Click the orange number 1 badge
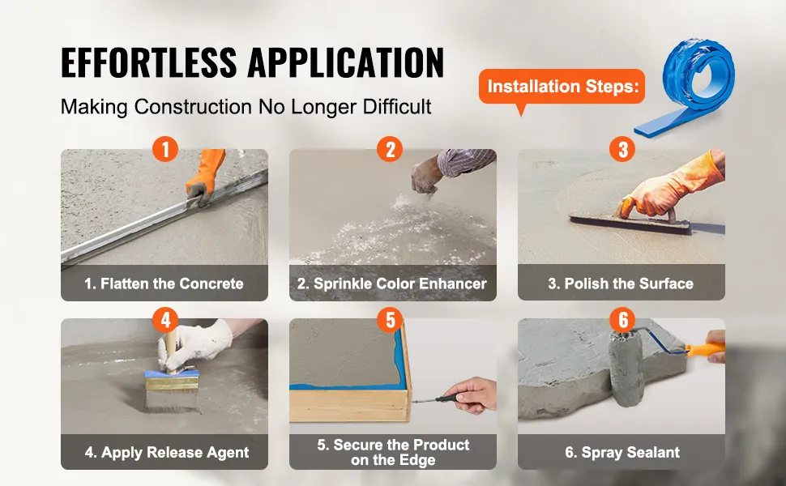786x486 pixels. coord(165,149)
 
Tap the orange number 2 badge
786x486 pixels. coord(390,149)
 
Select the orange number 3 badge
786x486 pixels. coord(622,149)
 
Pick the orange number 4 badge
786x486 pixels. coord(165,319)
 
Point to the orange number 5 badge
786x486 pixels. coord(390,319)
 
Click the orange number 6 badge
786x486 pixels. coord(622,319)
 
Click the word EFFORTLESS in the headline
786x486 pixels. coord(149,62)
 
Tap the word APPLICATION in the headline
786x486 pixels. coord(346,62)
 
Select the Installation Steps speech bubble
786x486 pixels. coord(562,87)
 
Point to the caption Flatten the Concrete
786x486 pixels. coord(164,283)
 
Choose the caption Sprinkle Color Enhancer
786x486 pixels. coord(392,283)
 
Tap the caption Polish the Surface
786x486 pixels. coord(621,283)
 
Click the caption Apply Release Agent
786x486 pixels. coord(166,453)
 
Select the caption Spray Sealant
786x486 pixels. coord(622,453)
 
